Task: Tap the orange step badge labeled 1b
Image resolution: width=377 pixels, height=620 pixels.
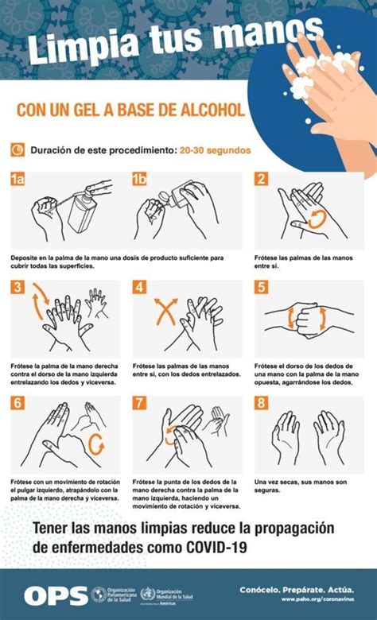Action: (140, 180)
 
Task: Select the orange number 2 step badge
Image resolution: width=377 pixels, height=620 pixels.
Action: (261, 180)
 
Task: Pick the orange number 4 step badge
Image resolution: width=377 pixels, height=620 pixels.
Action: (140, 288)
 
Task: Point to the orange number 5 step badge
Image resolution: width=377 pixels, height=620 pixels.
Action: (261, 288)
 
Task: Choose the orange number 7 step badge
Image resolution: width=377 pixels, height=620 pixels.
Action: (140, 403)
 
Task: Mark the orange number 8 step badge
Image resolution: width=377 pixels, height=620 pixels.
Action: (261, 403)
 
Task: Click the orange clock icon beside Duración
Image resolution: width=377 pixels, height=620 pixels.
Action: (18, 149)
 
